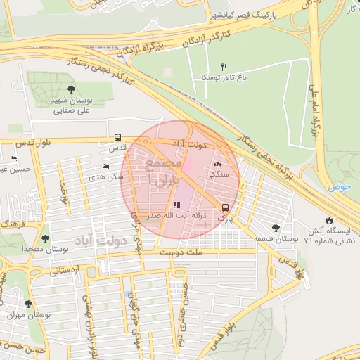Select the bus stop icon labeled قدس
click(117, 138)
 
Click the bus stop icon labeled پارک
click(225, 207)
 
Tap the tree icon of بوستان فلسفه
click(275, 228)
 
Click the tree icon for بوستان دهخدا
click(46, 238)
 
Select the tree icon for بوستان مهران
click(28, 304)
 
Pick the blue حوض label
click(338, 188)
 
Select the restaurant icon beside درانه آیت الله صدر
click(165, 205)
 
